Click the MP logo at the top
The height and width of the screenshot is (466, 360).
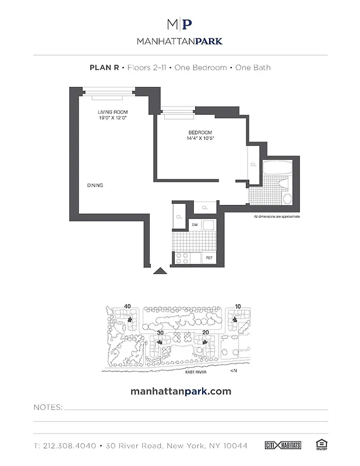point(179,24)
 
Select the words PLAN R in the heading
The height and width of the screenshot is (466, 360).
point(104,68)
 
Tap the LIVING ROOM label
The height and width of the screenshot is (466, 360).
point(112,112)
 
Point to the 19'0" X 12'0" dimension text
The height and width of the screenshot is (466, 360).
point(112,118)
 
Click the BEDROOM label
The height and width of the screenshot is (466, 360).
point(200,132)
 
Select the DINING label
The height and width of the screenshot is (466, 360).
point(95,185)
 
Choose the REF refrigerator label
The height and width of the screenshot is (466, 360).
point(208,257)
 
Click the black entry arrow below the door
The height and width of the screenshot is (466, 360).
point(158,270)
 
